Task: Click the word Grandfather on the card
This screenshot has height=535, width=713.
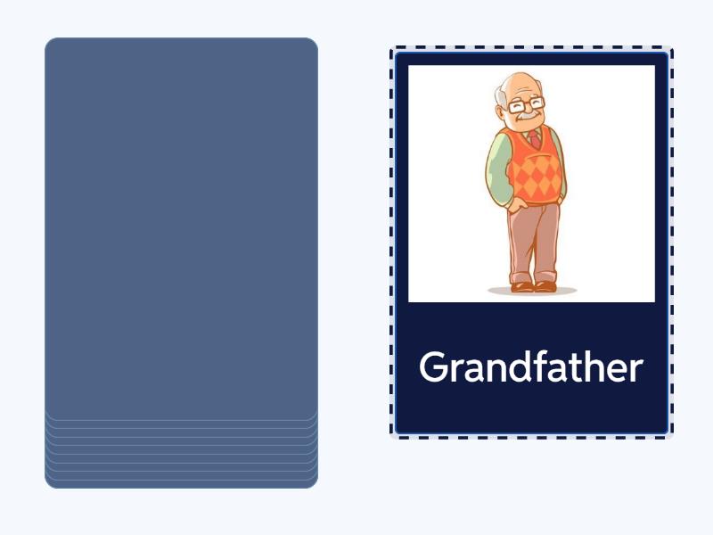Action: click(531, 367)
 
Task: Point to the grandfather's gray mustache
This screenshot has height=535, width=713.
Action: click(529, 118)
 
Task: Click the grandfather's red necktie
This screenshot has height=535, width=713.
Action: click(535, 140)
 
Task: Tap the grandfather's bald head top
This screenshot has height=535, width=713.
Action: click(515, 84)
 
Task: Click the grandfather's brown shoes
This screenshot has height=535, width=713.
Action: click(534, 286)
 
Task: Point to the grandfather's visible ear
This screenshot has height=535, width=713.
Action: click(504, 103)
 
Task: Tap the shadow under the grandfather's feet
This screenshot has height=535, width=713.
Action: click(532, 292)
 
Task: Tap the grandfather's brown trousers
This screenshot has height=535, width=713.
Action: click(533, 236)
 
